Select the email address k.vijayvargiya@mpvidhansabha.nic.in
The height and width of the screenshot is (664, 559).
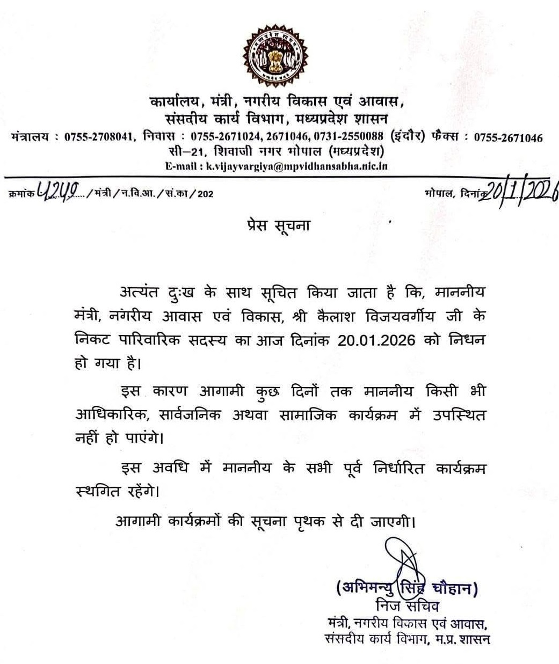click(x=296, y=166)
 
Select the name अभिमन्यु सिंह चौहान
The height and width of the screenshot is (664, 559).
click(x=406, y=588)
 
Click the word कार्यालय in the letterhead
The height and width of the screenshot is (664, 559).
click(x=176, y=101)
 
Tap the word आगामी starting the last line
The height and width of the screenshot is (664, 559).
click(x=138, y=521)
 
